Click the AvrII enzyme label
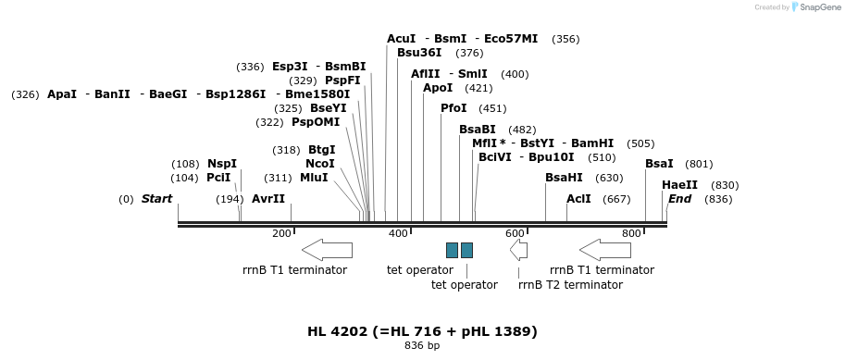268,199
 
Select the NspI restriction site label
222,164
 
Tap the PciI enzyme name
218,178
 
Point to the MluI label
314,178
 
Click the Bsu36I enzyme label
419,53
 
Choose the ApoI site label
438,88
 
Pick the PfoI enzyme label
454,108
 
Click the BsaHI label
564,178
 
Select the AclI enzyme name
578,199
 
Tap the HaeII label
679,185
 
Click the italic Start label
156,199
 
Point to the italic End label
679,199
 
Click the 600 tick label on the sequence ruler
516,233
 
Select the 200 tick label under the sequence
282,233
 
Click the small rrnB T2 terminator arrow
518,249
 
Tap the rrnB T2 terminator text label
570,285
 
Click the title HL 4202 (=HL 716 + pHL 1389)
422,331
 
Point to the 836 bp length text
422,346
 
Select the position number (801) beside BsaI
699,164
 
